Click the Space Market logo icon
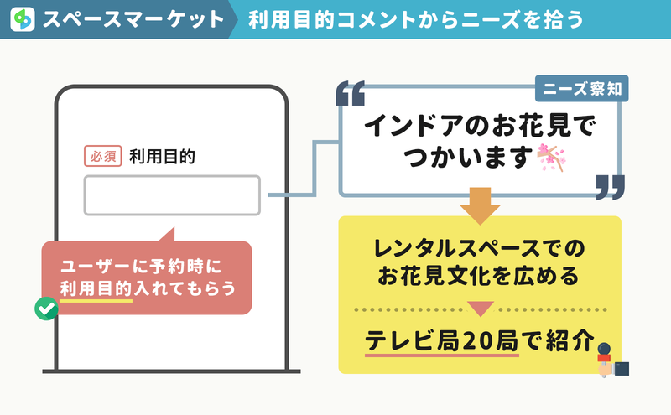click(x=23, y=18)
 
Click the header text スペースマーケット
click(x=133, y=19)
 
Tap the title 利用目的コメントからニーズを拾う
click(x=416, y=19)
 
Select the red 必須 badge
click(x=102, y=156)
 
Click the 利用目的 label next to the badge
click(x=162, y=157)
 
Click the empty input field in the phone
click(x=172, y=195)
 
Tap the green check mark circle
click(x=46, y=309)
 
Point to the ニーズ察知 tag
click(x=581, y=89)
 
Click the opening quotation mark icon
click(x=351, y=93)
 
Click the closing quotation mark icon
click(x=611, y=187)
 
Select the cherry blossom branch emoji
click(x=551, y=158)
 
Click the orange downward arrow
click(x=480, y=205)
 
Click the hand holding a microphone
click(x=612, y=360)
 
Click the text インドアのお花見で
click(x=480, y=126)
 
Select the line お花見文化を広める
click(x=478, y=276)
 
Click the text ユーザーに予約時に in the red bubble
click(x=141, y=267)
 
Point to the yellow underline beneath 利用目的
click(x=96, y=301)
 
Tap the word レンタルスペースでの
click(x=479, y=248)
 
